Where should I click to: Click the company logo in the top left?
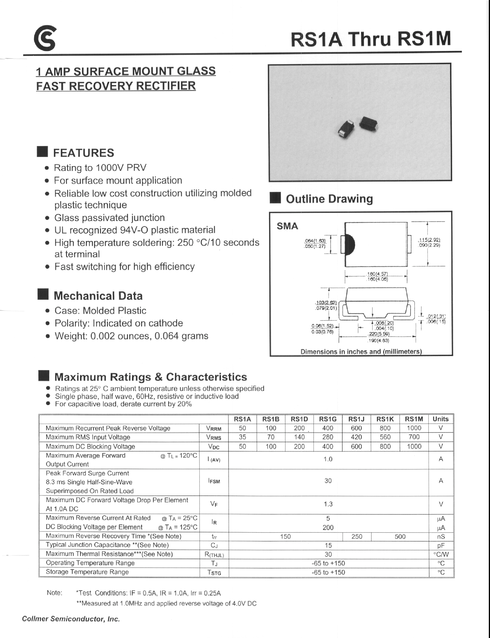pyautogui.click(x=45, y=38)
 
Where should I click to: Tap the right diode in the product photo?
pyautogui.click(x=369, y=124)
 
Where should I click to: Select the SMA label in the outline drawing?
pyautogui.click(x=287, y=226)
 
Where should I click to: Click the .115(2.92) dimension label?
pyautogui.click(x=429, y=240)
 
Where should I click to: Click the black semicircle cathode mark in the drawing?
pyautogui.click(x=350, y=245)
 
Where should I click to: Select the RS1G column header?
pyautogui.click(x=328, y=419)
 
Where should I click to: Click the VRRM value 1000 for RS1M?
pyautogui.click(x=414, y=428)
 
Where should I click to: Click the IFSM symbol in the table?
pyautogui.click(x=214, y=481)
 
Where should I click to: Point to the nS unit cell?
pyautogui.click(x=441, y=536)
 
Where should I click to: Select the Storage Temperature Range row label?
pyautogui.click(x=87, y=572)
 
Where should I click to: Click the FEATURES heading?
pyautogui.click(x=83, y=153)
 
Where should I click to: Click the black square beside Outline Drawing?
pyautogui.click(x=275, y=198)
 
